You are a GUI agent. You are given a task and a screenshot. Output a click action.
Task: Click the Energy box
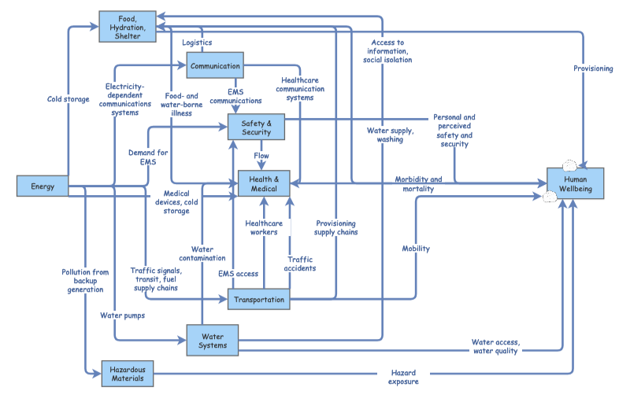43,186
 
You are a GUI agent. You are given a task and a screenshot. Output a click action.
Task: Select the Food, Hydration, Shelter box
126,28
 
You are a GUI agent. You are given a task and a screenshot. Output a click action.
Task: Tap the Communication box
215,66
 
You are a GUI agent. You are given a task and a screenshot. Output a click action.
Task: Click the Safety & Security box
256,127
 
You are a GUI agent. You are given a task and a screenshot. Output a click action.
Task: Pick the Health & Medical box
264,183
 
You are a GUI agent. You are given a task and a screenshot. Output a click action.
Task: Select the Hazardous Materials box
128,373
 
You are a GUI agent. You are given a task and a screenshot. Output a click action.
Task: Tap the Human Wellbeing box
576,183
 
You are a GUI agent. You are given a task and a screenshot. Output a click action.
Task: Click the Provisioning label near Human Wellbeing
593,68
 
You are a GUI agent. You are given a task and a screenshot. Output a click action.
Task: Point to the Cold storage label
69,99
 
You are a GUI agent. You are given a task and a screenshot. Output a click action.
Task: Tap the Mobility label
416,249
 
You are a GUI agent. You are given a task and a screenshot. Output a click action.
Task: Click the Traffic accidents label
301,263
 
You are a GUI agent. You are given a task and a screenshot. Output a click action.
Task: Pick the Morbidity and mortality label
418,184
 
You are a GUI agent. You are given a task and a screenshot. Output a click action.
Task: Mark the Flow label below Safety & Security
261,155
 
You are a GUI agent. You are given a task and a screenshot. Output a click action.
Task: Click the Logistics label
197,42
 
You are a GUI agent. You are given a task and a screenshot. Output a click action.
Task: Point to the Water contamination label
202,254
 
